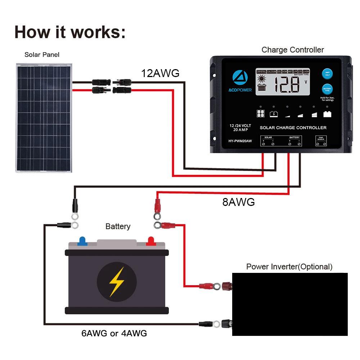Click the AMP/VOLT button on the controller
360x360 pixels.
coord(327,73)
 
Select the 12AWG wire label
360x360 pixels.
coord(160,73)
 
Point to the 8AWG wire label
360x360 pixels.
coord(238,202)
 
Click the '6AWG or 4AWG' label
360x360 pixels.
coord(114,333)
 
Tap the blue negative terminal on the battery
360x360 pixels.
coord(82,241)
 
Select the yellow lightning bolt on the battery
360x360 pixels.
coord(116,282)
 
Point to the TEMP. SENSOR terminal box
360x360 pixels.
coord(321,141)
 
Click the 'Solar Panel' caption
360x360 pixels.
coord(42,55)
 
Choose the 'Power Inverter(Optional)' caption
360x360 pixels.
coord(289,267)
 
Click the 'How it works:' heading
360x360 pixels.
coord(70,32)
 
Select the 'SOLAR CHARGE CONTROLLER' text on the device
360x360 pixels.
coord(293,128)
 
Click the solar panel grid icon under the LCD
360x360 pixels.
coord(260,114)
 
